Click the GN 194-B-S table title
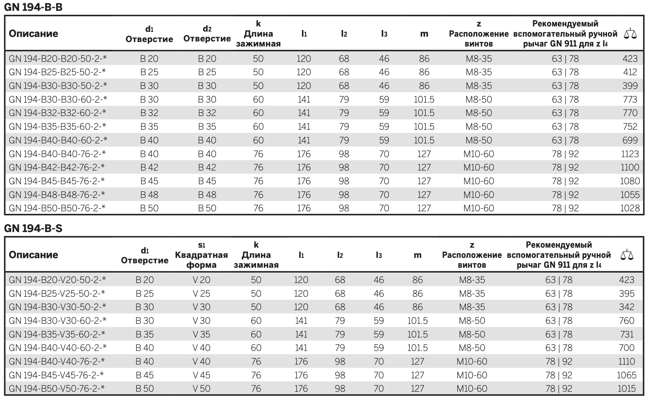coord(33,228)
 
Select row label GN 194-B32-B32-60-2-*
coord(58,113)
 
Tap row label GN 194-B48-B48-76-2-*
coord(57,194)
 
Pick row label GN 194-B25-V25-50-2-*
coord(57,293)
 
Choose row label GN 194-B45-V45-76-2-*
coord(57,375)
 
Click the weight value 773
coord(630,99)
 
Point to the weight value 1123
coord(630,154)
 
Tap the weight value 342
coord(627,307)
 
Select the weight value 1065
coord(627,375)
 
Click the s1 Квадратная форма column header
coord(202,255)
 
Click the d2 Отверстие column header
coord(207,34)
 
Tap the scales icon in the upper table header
coord(630,33)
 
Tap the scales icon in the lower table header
coord(627,255)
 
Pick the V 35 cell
coord(202,334)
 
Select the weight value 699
coord(630,140)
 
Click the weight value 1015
coord(627,389)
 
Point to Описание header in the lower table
coord(33,255)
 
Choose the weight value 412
coord(630,72)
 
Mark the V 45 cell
coord(202,375)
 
